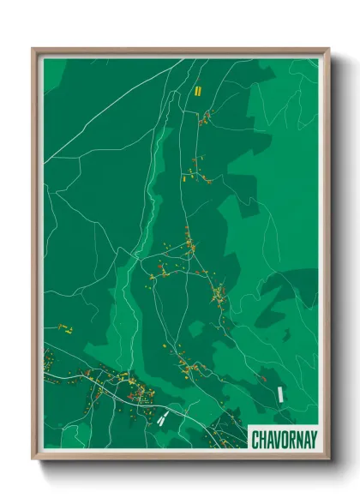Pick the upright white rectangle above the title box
pyautogui.click(x=280, y=393)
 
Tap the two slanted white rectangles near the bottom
pyautogui.click(x=162, y=418)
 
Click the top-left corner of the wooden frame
pyautogui.click(x=33, y=49)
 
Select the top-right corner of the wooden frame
pyautogui.click(x=327, y=49)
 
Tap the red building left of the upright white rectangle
pyautogui.click(x=264, y=377)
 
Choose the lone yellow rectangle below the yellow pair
pyautogui.click(x=184, y=181)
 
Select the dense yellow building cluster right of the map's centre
pyautogui.click(x=219, y=296)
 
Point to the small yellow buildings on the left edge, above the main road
pyautogui.click(x=65, y=328)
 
